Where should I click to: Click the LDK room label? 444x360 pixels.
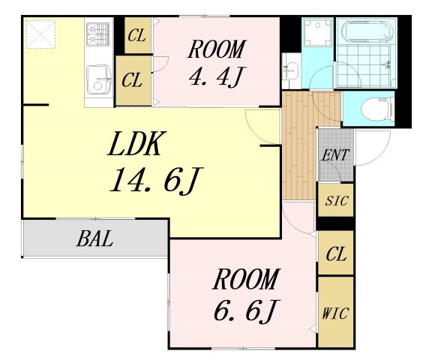[x=136, y=144]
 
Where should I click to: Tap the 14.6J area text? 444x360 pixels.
[x=157, y=180]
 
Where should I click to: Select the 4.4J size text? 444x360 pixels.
[x=216, y=76]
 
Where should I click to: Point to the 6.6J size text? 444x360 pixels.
[x=247, y=310]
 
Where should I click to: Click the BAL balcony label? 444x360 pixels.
[x=94, y=238]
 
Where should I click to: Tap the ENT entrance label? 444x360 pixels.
[x=334, y=155]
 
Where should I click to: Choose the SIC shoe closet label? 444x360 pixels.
[x=336, y=201]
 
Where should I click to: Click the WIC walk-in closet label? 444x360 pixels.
[x=335, y=313]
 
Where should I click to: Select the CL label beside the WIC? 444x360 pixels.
[x=336, y=253]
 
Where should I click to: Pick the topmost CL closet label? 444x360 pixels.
[x=136, y=35]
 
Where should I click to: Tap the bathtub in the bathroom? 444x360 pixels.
[x=367, y=31]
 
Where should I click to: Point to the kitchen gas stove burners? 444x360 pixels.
[x=98, y=34]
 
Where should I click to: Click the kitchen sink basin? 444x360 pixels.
[x=98, y=79]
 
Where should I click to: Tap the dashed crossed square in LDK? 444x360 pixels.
[x=40, y=34]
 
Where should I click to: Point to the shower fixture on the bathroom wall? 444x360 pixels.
[x=386, y=64]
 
